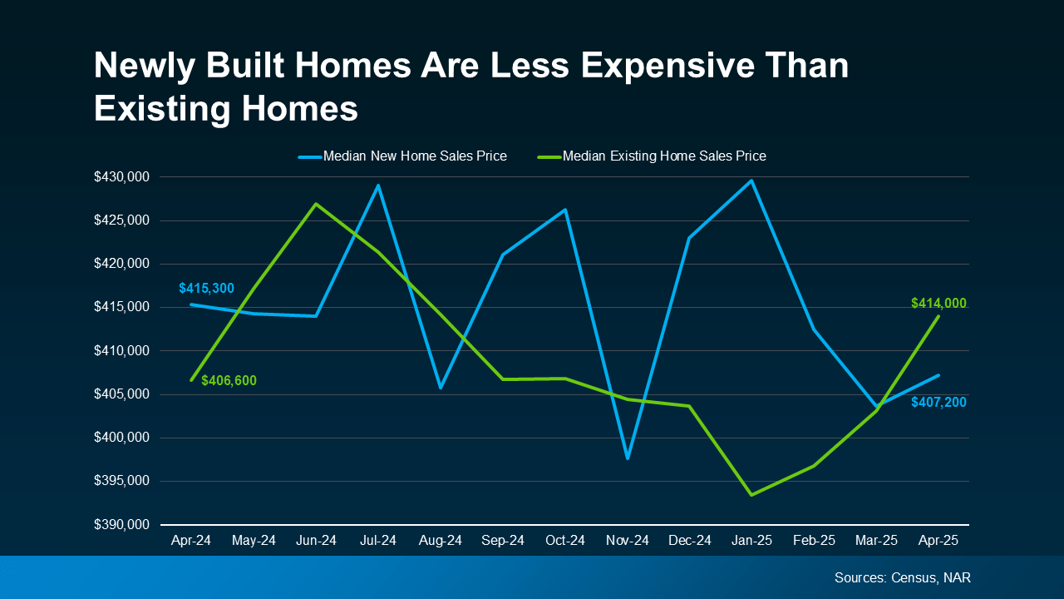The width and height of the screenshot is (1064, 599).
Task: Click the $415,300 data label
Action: tap(206, 289)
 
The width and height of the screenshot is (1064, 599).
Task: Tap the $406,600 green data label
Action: tap(229, 381)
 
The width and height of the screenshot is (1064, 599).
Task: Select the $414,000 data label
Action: tap(938, 304)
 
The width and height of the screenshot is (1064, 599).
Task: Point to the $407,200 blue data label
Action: tap(938, 403)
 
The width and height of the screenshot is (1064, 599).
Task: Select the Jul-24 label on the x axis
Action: tap(378, 541)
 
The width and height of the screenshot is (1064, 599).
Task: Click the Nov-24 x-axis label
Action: tap(628, 541)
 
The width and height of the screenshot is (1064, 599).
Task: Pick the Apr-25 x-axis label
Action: tap(938, 541)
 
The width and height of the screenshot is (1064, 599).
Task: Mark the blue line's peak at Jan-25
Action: tap(751, 181)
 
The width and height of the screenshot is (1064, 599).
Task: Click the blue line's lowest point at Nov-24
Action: tap(628, 458)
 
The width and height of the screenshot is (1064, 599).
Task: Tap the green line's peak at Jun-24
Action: tap(316, 204)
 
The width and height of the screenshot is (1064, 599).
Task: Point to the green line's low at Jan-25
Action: tap(751, 495)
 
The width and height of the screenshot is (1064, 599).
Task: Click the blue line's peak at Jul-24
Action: tap(378, 186)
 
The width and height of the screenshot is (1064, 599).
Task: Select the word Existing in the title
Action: tap(160, 109)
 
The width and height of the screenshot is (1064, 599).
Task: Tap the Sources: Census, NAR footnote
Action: tap(902, 577)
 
